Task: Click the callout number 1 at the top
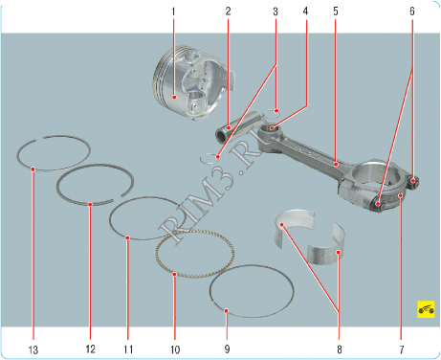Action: click(173, 11)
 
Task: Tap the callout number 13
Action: click(33, 349)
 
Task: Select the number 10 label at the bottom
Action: click(175, 349)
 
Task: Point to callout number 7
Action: click(402, 349)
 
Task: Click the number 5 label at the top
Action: click(336, 11)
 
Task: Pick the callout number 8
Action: click(340, 349)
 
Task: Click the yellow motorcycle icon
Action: click(426, 309)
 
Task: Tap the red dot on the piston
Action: click(174, 97)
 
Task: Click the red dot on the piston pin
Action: click(229, 128)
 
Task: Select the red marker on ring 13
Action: click(33, 169)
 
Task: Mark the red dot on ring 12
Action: click(90, 204)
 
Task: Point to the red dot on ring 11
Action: click(127, 237)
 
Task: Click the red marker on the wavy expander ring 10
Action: click(174, 274)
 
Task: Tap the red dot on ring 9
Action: click(226, 310)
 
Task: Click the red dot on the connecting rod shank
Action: click(336, 165)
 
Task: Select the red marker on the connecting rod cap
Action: click(401, 195)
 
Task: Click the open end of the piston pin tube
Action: click(220, 137)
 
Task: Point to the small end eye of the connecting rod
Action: click(269, 130)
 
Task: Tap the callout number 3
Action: click(276, 11)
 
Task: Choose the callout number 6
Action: click(412, 11)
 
